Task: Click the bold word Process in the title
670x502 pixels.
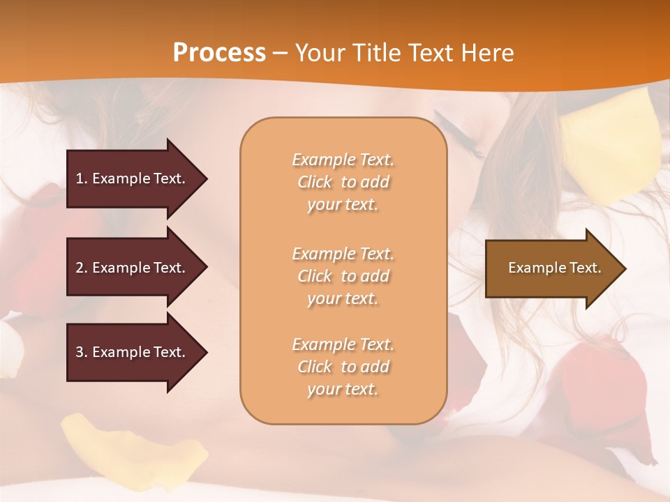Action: [x=219, y=53]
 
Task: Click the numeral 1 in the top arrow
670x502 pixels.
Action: [x=80, y=178]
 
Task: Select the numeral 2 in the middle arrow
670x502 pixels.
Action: [x=80, y=268]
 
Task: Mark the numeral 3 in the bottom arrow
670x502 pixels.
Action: [x=80, y=352]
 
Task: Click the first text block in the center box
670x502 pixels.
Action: [x=343, y=182]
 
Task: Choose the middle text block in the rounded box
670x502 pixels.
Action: [x=343, y=276]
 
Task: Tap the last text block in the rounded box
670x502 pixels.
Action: [x=343, y=367]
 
